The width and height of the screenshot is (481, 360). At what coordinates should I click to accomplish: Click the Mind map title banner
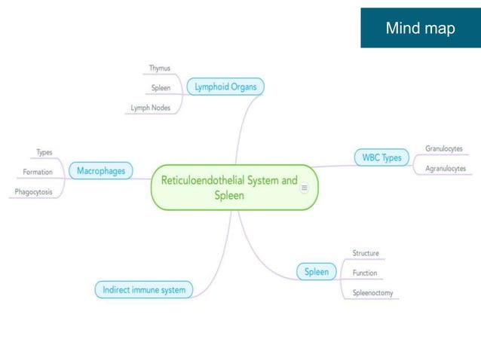(x=420, y=29)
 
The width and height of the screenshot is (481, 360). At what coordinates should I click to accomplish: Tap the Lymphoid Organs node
(x=225, y=87)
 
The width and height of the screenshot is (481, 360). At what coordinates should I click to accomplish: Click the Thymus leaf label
(x=159, y=68)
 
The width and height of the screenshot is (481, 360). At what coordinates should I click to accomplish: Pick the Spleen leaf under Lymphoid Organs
(x=161, y=88)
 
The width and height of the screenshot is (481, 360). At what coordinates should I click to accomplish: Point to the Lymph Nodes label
(x=151, y=108)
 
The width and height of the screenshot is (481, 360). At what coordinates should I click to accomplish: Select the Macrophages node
(x=100, y=172)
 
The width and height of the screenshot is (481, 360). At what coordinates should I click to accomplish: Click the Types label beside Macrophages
(x=44, y=152)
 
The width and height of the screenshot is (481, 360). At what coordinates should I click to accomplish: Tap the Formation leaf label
(x=38, y=172)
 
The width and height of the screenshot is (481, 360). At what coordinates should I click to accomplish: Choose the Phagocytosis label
(x=34, y=192)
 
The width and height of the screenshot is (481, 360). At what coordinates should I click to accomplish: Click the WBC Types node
(x=381, y=158)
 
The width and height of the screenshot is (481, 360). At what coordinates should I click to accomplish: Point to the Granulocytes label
(x=444, y=148)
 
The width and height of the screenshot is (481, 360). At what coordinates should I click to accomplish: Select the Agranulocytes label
(x=446, y=168)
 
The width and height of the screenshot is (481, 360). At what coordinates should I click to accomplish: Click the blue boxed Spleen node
(x=317, y=272)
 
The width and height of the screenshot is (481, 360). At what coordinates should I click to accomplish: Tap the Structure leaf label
(x=366, y=253)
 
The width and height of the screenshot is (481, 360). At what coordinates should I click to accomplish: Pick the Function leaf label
(x=365, y=273)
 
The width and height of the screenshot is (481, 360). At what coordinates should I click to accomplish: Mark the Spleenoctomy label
(x=373, y=292)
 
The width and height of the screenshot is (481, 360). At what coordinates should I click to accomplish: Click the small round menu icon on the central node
(x=305, y=188)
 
